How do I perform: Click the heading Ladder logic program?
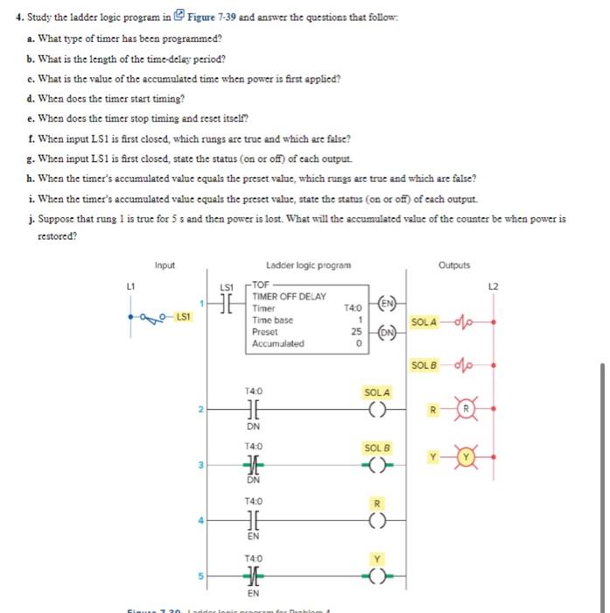(309, 265)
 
